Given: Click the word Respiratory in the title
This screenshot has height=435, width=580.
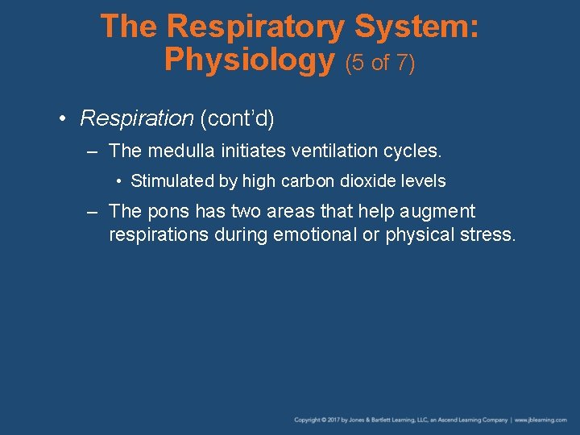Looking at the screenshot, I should tap(256, 27).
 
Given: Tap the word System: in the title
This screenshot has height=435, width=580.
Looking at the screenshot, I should tap(417, 27).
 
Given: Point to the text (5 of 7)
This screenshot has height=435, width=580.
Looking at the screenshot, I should tap(380, 62).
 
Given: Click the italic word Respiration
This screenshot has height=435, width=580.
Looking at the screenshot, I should tap(137, 119).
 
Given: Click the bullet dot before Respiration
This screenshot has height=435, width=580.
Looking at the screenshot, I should tap(63, 119).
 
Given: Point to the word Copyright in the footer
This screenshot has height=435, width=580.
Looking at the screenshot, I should tap(307, 420).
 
